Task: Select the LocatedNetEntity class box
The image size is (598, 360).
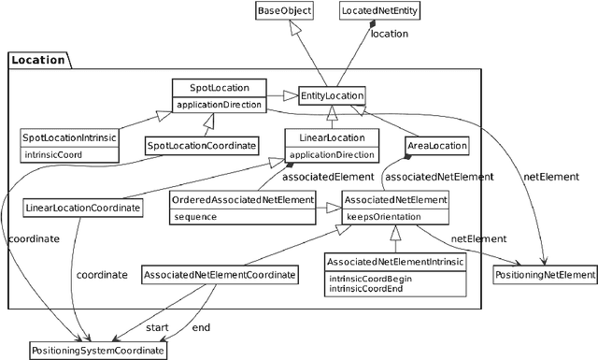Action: pyautogui.click(x=371, y=12)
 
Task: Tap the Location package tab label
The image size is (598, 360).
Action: pyautogui.click(x=38, y=60)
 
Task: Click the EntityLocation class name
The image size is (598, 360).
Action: pyautogui.click(x=331, y=95)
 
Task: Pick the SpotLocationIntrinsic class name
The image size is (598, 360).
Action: pyautogui.click(x=70, y=137)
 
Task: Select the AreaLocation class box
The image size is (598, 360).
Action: pyautogui.click(x=435, y=146)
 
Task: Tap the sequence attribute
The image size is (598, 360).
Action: pyautogui.click(x=196, y=216)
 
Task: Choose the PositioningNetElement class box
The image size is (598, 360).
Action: pyautogui.click(x=544, y=275)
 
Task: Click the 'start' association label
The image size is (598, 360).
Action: pyautogui.click(x=157, y=327)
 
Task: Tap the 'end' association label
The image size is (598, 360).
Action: pyautogui.click(x=201, y=327)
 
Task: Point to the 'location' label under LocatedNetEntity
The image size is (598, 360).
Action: pyautogui.click(x=390, y=34)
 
